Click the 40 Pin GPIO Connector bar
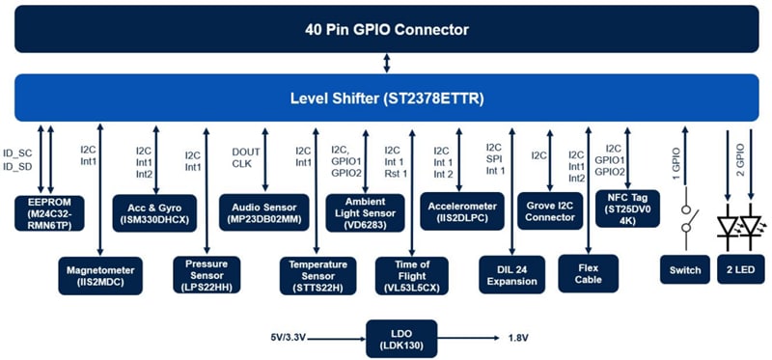[386, 30]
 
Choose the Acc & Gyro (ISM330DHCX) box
[154, 209]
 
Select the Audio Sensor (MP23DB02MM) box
[260, 209]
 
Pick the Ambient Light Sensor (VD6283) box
[366, 209]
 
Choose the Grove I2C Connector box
[550, 209]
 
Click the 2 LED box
[740, 270]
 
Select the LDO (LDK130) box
[401, 338]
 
